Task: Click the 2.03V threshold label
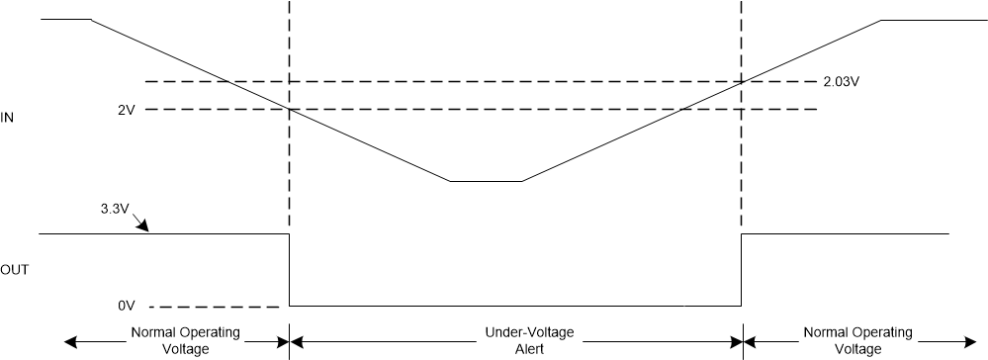pos(841,82)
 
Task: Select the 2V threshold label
pos(125,109)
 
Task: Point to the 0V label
pos(125,307)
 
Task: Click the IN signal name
pos(7,118)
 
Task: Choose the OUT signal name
pos(14,269)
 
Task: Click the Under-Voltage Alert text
pos(515,341)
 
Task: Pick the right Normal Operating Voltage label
pos(857,341)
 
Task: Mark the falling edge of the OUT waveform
pos(289,269)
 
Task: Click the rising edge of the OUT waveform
pos(742,269)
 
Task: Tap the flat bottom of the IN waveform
pos(485,181)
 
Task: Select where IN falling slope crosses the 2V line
pos(289,109)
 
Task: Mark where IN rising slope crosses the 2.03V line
pos(742,81)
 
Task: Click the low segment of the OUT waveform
pos(514,306)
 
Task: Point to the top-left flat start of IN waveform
pos(65,19)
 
